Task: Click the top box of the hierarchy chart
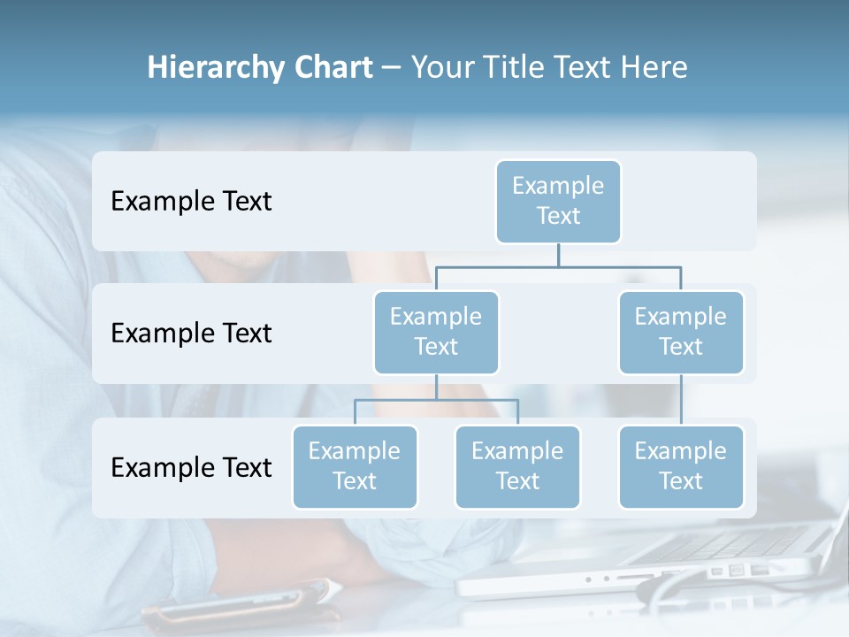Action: tap(558, 201)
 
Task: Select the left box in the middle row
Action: tap(436, 332)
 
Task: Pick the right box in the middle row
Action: tap(681, 332)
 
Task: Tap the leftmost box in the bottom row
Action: tap(355, 466)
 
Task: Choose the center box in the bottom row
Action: tap(517, 466)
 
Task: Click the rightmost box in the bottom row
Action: tap(681, 466)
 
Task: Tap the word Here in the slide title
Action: tap(655, 68)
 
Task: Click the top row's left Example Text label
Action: tap(191, 202)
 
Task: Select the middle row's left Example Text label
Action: tap(191, 334)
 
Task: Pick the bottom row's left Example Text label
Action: tap(191, 467)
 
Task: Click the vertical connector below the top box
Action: tap(558, 255)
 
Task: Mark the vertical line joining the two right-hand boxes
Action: tap(681, 400)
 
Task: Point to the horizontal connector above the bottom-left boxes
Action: tap(436, 400)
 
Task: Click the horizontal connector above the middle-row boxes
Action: tap(558, 265)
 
